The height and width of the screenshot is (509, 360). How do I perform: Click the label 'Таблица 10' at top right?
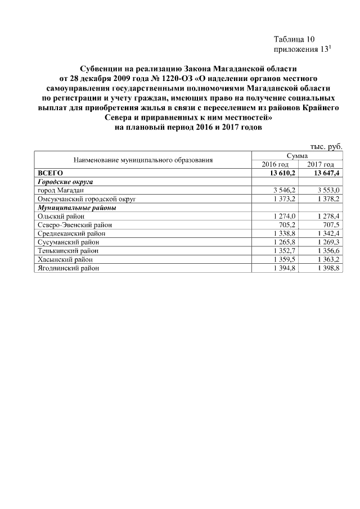(294, 39)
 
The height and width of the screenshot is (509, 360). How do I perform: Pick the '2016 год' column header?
(276, 164)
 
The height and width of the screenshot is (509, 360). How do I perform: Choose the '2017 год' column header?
(321, 164)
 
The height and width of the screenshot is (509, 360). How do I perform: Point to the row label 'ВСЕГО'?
(49, 173)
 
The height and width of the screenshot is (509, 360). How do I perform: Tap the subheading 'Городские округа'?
(65, 182)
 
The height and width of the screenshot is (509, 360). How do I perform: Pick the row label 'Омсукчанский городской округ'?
(87, 199)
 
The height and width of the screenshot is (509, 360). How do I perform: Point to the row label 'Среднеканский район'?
(71, 233)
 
